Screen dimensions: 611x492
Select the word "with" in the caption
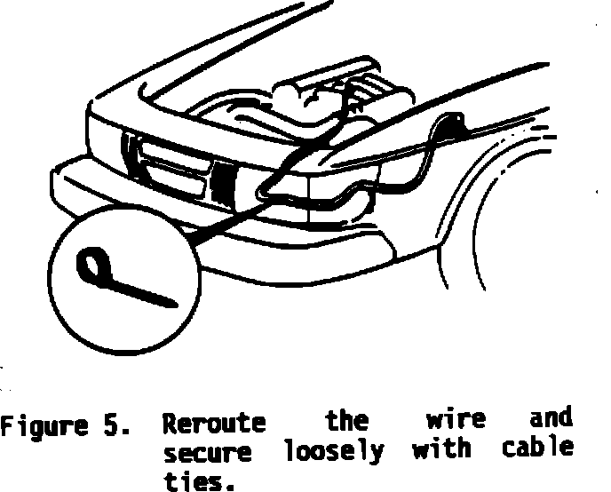click(441, 448)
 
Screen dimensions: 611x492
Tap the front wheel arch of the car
click(497, 213)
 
